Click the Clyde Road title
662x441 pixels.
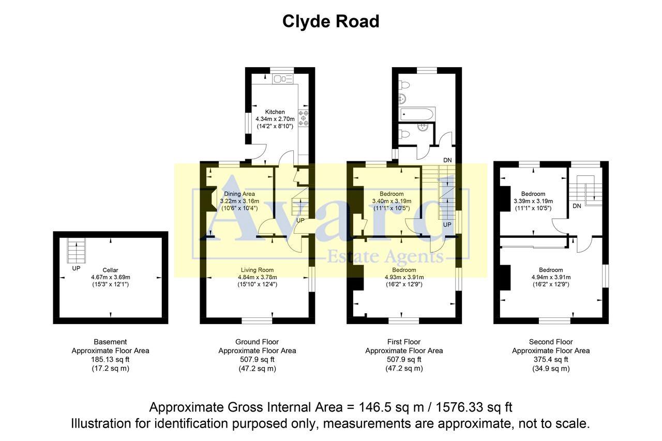(330, 21)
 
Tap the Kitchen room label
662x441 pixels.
(275, 112)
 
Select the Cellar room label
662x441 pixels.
(110, 270)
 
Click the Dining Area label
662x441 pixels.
(239, 194)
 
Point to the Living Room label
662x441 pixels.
(257, 270)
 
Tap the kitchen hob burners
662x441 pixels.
(303, 118)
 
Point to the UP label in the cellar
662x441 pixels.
(76, 269)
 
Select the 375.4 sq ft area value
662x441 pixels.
(551, 359)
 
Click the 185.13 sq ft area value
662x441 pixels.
(110, 359)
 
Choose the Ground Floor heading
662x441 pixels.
(257, 342)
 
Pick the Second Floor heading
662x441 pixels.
(551, 342)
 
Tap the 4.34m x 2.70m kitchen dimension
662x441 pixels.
(275, 119)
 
